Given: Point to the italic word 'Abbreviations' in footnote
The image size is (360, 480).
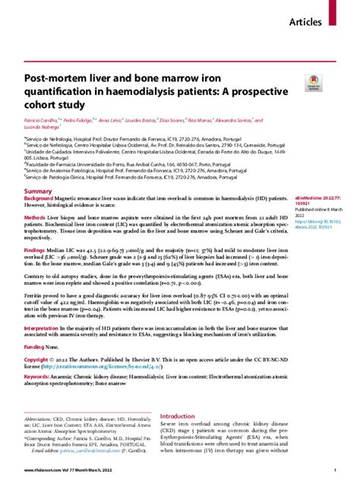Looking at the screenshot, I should point(43,418).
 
